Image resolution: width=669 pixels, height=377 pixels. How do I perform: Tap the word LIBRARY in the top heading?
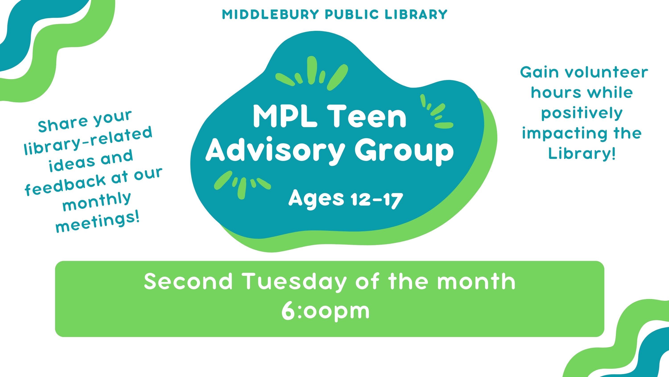[x=416, y=15]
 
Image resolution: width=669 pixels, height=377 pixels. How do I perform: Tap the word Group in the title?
[x=404, y=151]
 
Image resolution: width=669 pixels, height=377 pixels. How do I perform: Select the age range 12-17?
[x=377, y=200]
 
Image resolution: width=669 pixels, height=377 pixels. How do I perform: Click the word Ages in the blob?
[x=316, y=199]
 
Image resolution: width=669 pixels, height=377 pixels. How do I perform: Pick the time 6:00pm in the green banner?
[x=325, y=311]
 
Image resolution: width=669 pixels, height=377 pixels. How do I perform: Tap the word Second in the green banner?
[x=188, y=281]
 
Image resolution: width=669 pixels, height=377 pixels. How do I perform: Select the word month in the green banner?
[x=476, y=281]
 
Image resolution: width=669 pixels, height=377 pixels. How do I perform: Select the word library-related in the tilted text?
[x=88, y=141]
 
